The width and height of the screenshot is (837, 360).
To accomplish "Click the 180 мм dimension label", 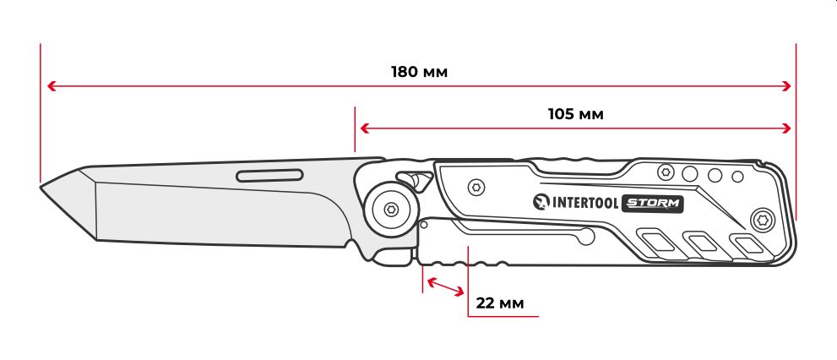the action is (419, 72).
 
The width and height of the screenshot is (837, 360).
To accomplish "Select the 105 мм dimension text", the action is (575, 114).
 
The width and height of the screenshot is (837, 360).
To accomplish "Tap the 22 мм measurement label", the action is (500, 303).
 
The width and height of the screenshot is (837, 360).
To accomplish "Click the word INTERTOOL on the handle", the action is (585, 203).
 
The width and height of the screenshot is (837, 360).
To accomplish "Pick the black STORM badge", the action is (653, 203).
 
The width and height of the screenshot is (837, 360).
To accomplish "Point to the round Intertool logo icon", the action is (541, 202).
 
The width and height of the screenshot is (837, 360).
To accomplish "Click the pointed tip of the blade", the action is (41, 187).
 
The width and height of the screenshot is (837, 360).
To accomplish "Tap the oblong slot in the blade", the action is (269, 175).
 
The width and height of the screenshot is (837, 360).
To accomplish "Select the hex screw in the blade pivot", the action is (391, 210).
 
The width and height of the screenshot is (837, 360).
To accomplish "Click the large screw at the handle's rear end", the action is (761, 220).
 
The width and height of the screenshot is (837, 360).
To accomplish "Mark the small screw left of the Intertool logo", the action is (476, 188).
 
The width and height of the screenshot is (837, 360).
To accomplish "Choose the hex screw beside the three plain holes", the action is (666, 172).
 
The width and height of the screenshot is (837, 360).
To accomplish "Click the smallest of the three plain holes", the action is (737, 177).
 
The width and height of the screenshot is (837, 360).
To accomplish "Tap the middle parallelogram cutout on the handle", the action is (704, 243).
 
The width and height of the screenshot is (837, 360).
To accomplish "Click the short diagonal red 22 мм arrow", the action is (446, 286).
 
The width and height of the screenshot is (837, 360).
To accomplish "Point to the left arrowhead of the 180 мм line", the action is (52, 86).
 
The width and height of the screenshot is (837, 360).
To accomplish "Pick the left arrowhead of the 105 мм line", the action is (365, 128).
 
